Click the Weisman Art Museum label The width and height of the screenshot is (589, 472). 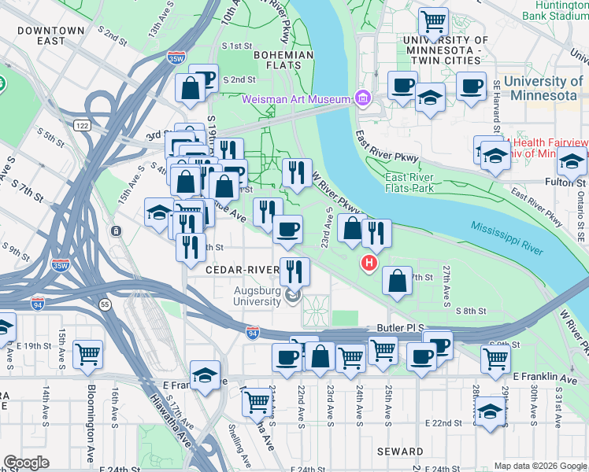point(295,99)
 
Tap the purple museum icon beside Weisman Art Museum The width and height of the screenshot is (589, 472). point(362,98)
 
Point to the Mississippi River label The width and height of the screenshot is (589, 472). point(507,238)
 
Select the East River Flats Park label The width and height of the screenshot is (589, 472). point(410,183)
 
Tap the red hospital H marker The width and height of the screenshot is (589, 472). point(367,263)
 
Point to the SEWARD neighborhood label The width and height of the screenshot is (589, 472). point(400,452)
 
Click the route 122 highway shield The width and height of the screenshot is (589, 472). point(82,125)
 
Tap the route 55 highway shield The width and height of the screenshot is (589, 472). point(106,303)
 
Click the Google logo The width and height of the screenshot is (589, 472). point(27,463)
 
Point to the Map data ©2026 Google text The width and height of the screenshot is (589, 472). point(540,466)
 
